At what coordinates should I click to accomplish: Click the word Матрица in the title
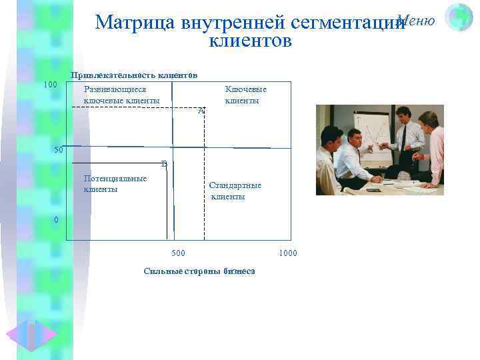[133, 23]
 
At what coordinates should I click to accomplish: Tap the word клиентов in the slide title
[250, 41]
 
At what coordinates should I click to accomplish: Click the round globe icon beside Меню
[459, 17]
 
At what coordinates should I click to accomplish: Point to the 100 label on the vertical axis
[49, 85]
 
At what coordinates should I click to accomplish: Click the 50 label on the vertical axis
[59, 150]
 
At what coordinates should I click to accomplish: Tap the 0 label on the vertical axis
[56, 219]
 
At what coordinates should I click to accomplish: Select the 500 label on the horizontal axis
[179, 253]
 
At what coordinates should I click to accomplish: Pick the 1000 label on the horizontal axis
[288, 253]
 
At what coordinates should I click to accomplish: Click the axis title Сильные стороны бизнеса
[199, 271]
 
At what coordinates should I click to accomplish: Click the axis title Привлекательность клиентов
[134, 75]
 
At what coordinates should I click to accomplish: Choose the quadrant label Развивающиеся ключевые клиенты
[121, 95]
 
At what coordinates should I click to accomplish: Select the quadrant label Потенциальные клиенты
[115, 183]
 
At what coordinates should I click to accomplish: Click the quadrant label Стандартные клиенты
[235, 191]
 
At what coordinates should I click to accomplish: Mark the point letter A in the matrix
[201, 111]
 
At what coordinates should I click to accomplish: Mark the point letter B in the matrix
[164, 163]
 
